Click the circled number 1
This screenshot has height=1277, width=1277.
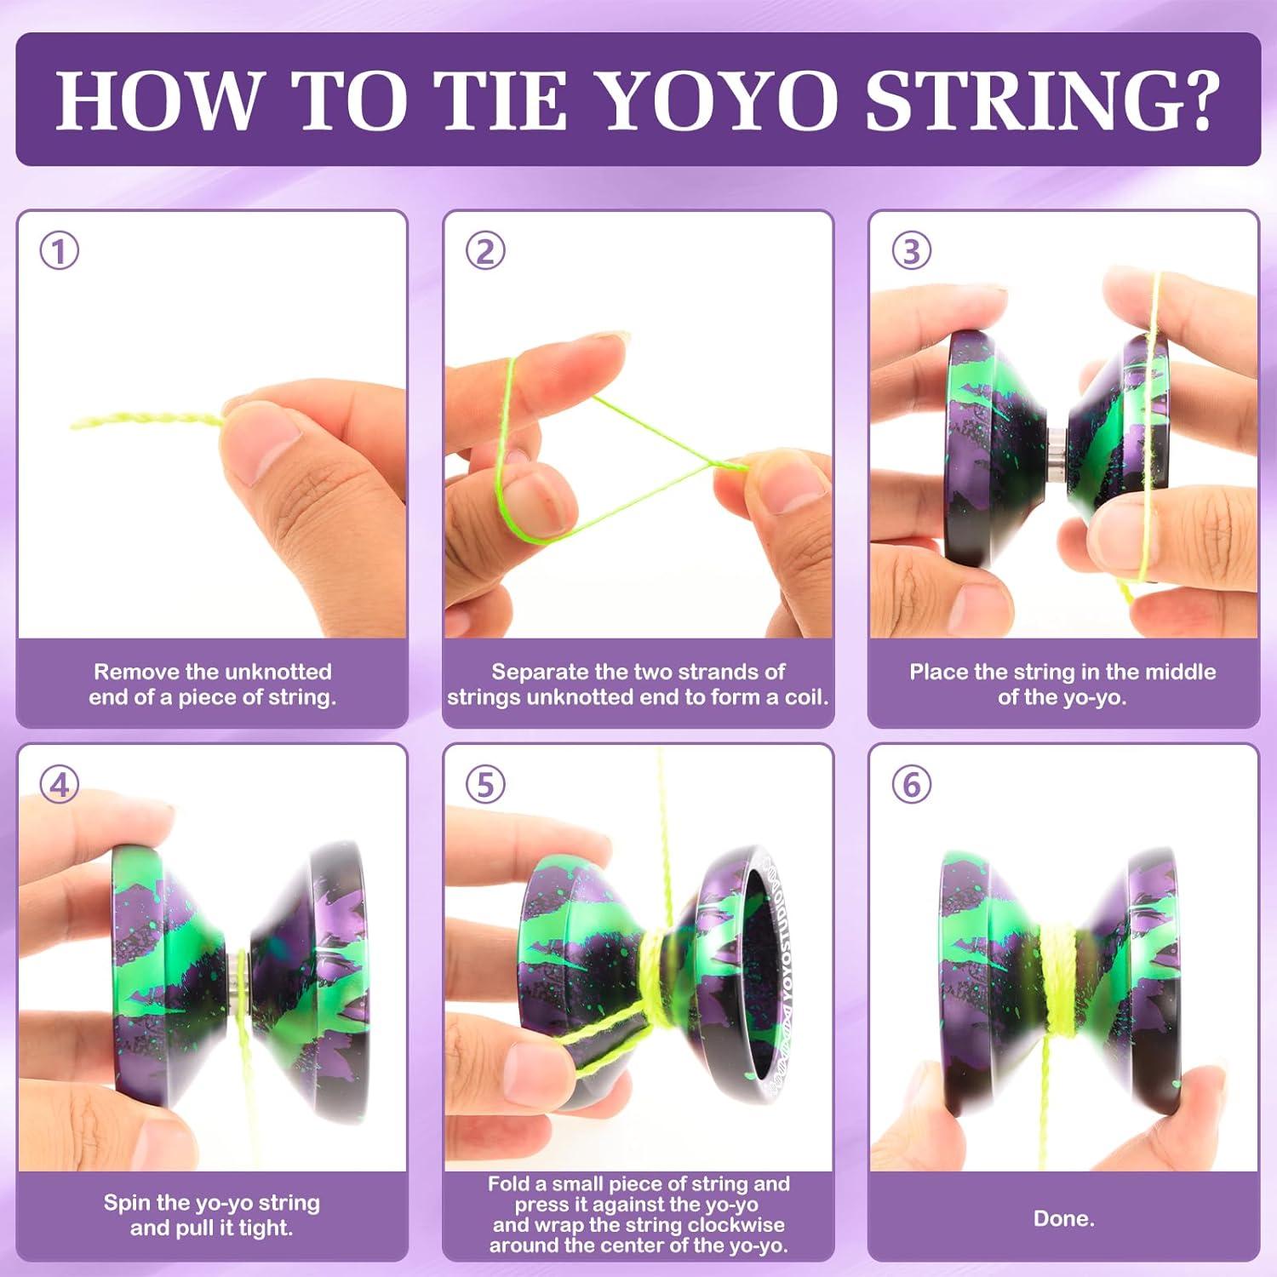[60, 251]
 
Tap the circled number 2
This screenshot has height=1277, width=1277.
[485, 251]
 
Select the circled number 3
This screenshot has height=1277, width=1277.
[911, 251]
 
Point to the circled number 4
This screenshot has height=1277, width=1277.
[60, 784]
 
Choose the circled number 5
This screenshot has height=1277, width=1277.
[485, 784]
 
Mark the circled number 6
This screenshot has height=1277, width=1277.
[911, 784]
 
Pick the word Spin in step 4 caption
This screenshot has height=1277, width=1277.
[123, 1203]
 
